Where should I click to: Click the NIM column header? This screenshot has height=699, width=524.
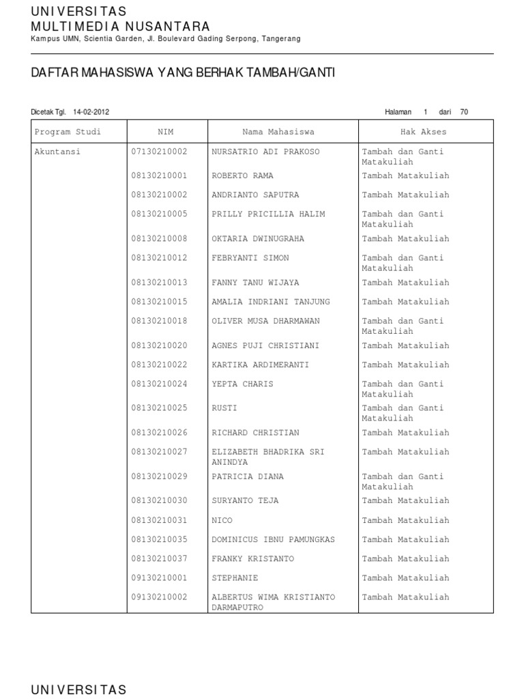point(166,132)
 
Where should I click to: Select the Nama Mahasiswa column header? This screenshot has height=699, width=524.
point(278,132)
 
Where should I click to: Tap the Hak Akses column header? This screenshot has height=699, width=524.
point(424,132)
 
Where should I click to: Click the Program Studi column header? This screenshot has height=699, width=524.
point(68,132)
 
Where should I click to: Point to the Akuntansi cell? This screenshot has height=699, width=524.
point(57,152)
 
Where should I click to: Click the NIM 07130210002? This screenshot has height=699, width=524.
point(159,152)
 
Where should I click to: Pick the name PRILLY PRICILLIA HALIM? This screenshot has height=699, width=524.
point(268,214)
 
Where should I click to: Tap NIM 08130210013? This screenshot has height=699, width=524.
point(159,283)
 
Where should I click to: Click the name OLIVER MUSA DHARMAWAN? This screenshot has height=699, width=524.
point(265,321)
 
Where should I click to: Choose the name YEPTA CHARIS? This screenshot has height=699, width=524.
point(242,384)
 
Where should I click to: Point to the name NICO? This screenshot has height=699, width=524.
point(222,520)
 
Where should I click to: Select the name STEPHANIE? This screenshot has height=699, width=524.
point(235,578)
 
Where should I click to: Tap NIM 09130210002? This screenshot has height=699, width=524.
point(159,597)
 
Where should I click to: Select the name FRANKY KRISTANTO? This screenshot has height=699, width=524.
point(252,559)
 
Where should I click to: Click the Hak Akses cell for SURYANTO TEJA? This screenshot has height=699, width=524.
point(405,501)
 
